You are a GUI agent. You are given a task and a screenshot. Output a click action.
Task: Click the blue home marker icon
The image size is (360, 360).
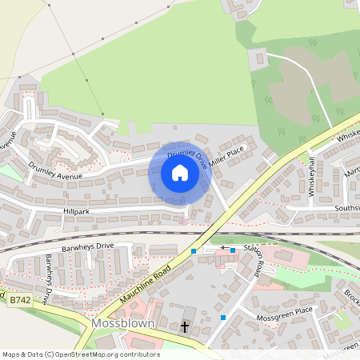[x=180, y=173]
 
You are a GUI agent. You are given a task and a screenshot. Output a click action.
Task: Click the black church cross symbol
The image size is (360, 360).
[x=185, y=326]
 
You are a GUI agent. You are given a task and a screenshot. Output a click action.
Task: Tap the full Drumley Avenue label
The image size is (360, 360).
[x=56, y=168]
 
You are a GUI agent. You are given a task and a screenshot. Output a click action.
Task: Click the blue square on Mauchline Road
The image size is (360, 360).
[x=194, y=251]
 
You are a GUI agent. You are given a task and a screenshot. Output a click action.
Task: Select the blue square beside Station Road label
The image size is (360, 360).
[x=233, y=250]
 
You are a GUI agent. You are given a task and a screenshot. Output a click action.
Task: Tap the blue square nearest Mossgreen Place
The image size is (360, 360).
[x=223, y=317]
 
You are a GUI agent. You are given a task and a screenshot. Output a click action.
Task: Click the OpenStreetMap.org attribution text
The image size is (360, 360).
[x=104, y=354]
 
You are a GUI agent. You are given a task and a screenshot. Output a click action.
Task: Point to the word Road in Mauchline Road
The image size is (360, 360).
[x=159, y=275]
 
